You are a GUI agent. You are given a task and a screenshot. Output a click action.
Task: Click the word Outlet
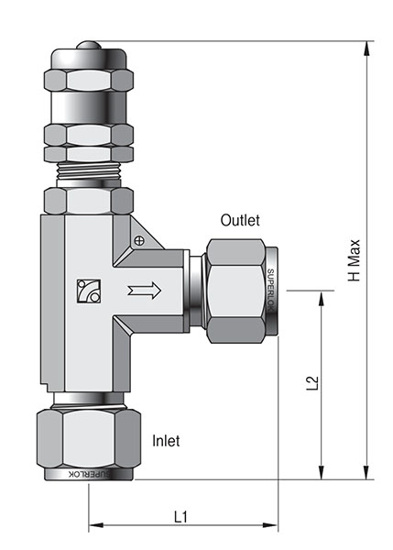(240, 221)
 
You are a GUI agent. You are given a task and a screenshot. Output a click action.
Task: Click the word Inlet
(165, 441)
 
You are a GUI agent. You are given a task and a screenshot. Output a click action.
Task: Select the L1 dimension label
(180, 516)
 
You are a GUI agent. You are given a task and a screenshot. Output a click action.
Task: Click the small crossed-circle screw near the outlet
(139, 241)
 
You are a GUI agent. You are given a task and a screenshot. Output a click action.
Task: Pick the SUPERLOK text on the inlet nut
(89, 474)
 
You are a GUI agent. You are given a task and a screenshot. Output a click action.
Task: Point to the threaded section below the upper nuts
(89, 170)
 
